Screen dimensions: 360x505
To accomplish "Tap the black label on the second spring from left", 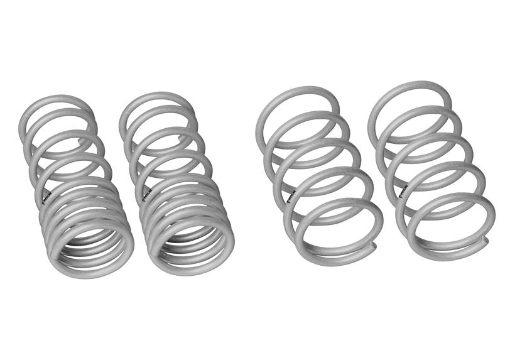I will coord(146,191).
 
